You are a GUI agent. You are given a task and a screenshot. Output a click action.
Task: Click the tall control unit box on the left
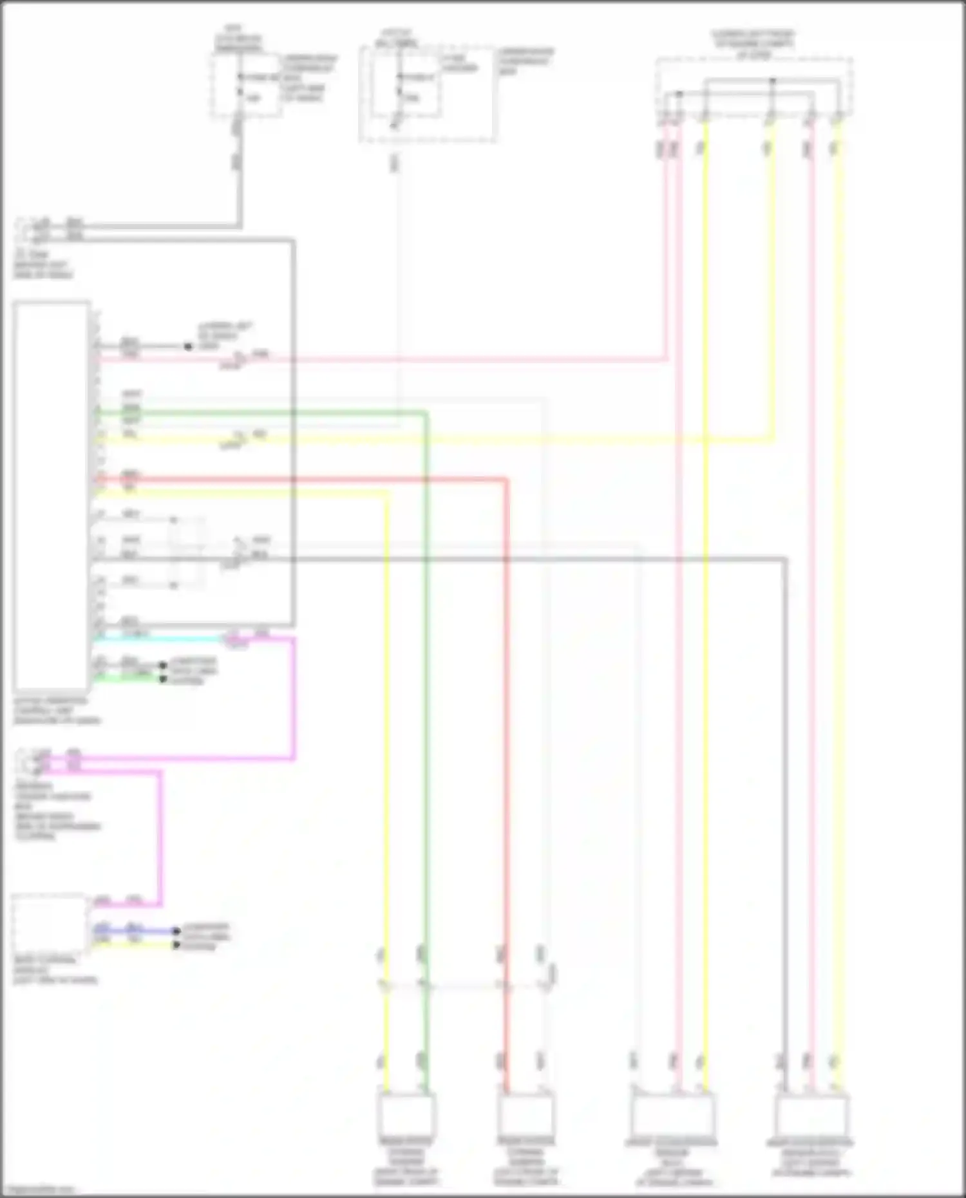(x=52, y=496)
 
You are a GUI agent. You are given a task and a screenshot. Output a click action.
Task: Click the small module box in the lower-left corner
(x=49, y=924)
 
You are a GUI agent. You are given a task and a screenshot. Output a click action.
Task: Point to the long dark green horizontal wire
(x=258, y=413)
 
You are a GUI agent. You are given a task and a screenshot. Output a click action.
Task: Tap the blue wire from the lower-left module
(x=135, y=931)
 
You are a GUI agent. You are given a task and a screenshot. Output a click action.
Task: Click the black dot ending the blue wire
(x=176, y=931)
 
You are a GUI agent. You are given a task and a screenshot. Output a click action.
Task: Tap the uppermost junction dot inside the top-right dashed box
(x=773, y=81)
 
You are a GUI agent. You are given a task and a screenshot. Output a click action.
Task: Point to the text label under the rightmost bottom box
(x=811, y=1162)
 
